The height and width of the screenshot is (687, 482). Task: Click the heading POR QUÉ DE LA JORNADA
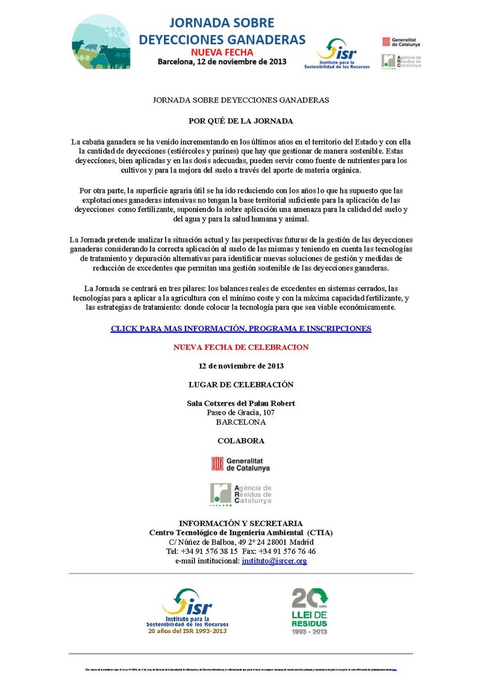pos(240,121)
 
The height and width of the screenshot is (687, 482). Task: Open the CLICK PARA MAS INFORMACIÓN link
pos(240,328)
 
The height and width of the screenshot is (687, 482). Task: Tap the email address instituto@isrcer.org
pos(274,560)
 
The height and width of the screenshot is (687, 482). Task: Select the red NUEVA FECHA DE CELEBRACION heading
pos(240,347)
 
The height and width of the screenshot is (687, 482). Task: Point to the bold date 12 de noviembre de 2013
pos(240,366)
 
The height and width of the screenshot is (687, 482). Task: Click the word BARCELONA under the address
pos(240,422)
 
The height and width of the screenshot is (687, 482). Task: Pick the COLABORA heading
pos(240,441)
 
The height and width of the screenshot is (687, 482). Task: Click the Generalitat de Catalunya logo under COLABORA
pos(240,463)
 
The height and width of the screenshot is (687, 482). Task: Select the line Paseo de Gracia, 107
pos(240,413)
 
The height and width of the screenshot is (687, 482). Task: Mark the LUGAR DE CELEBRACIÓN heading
pos(240,384)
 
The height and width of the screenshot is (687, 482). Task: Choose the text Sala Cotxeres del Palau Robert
pos(240,403)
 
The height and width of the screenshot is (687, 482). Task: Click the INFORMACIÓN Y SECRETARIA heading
pos(240,523)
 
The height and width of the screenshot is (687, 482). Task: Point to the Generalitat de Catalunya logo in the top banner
pos(401,42)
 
